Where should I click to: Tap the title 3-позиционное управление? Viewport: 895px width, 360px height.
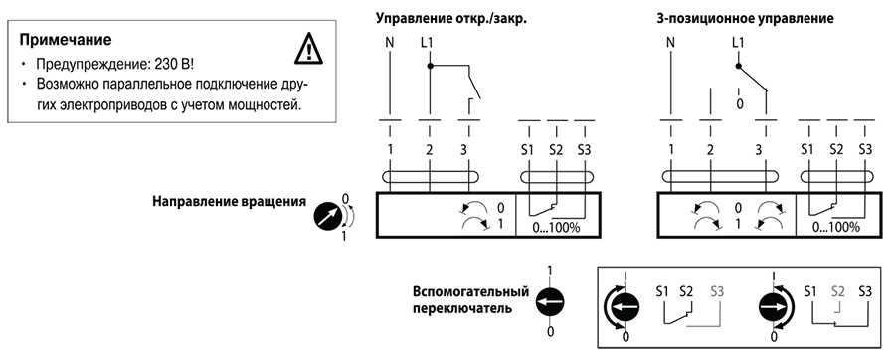(x=745, y=18)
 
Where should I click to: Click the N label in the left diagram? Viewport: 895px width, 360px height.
(x=389, y=43)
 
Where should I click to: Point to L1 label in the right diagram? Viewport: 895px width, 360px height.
(x=737, y=43)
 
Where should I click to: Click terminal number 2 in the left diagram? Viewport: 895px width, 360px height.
(x=429, y=149)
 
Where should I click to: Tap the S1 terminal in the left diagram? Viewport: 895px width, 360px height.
(x=528, y=149)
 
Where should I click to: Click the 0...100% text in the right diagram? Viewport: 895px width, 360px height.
(x=836, y=226)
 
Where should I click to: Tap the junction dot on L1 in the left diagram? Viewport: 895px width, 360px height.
(x=429, y=67)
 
